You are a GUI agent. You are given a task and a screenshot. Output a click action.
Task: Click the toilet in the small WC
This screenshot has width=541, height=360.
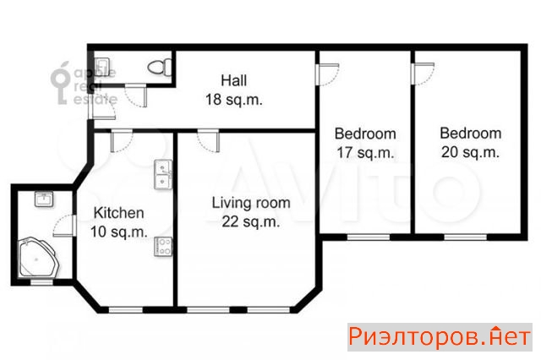tap(160, 67)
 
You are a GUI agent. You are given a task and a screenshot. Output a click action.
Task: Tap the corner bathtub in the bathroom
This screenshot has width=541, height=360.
tap(39, 257)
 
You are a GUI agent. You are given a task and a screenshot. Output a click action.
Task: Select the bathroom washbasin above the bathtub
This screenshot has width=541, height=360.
tap(44, 199)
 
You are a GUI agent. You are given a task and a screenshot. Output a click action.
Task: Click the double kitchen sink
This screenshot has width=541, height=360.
tap(163, 174)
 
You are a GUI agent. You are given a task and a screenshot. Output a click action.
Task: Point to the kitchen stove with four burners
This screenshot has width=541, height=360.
tap(163, 247)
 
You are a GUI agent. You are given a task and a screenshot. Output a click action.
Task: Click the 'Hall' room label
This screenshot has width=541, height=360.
tap(233, 80)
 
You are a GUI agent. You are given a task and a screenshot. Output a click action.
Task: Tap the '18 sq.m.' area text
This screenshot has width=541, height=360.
tap(233, 100)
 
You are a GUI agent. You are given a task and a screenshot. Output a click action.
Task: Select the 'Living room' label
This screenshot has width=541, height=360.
tap(251, 203)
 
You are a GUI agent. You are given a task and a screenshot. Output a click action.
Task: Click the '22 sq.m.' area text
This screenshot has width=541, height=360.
tap(250, 221)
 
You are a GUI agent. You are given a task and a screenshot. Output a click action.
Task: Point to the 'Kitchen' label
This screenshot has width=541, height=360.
tap(118, 213)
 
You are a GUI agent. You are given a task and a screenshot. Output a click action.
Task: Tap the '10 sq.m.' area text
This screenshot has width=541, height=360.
tap(118, 232)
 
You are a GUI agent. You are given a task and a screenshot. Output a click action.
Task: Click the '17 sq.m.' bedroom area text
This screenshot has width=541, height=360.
tap(365, 152)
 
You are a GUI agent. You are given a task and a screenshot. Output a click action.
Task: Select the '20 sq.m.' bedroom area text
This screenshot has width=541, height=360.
tap(470, 152)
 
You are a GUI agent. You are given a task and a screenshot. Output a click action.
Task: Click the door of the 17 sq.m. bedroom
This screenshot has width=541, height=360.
tap(327, 74)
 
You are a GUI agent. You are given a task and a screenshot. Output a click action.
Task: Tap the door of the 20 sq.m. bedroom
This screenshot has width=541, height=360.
tap(423, 74)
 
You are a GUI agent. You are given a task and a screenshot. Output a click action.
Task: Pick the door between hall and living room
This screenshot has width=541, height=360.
tap(209, 140)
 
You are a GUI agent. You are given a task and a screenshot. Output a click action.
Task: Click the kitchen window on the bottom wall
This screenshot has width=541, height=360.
tap(126, 310)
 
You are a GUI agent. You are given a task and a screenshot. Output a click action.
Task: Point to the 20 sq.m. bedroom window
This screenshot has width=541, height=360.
tap(465, 237)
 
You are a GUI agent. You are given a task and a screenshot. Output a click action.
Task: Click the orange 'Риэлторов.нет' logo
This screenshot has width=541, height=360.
tap(440, 337)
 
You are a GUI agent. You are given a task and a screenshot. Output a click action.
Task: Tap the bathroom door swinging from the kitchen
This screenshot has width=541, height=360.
tap(64, 226)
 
